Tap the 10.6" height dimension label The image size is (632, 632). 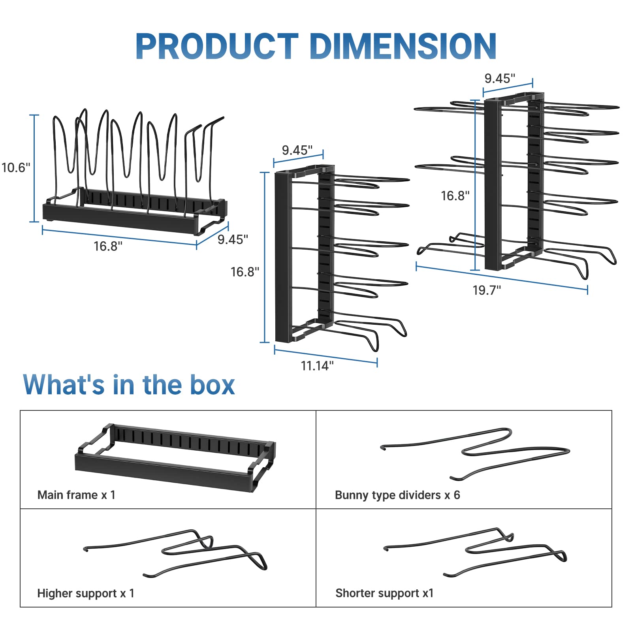16,167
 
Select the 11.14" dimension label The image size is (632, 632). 317,366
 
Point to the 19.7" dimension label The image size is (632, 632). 487,290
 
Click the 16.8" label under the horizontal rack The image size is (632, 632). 108,246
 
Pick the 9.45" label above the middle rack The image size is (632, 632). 297,150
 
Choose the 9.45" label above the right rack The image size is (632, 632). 500,78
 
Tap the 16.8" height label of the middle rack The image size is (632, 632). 245,272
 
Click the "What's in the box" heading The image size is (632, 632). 129,385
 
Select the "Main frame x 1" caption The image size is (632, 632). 76,495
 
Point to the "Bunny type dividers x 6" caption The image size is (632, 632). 397,495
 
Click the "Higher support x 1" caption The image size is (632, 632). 86,593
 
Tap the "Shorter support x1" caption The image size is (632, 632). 384,593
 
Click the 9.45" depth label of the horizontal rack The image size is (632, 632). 233,239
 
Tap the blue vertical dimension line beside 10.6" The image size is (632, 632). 34,168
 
